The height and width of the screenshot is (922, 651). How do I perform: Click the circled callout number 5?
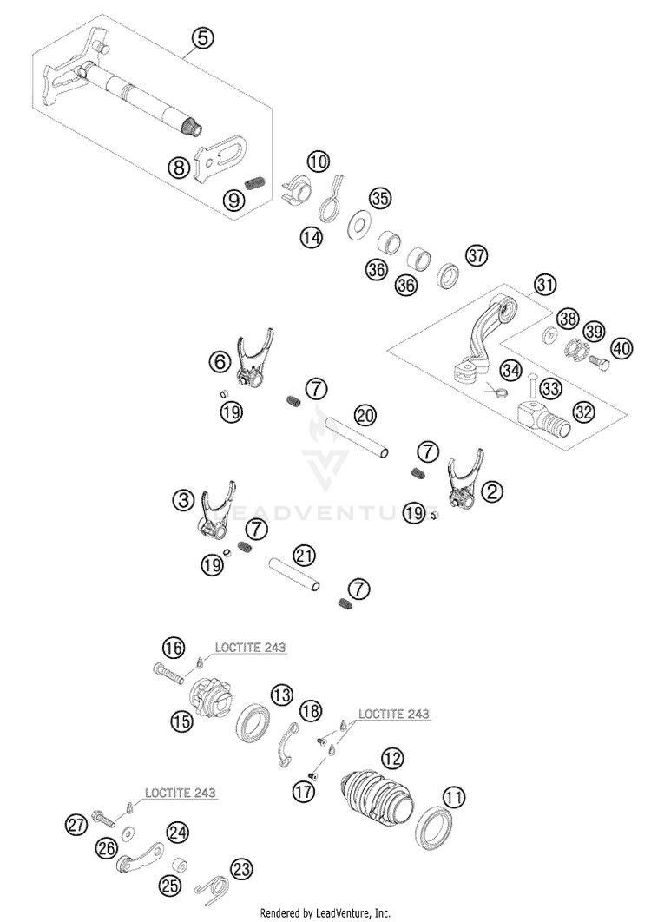pyautogui.click(x=201, y=39)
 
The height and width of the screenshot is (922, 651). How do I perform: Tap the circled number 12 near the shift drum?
pyautogui.click(x=392, y=758)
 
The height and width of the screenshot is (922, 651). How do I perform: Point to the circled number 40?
pyautogui.click(x=621, y=348)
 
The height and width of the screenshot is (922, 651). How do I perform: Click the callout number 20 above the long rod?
pyautogui.click(x=365, y=417)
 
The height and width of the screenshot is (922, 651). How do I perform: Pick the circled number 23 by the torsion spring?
pyautogui.click(x=240, y=870)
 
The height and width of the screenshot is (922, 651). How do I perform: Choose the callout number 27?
pyautogui.click(x=76, y=825)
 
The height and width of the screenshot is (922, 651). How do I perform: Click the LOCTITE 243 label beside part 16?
pyautogui.click(x=251, y=648)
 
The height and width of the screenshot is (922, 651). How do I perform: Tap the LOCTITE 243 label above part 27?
pyautogui.click(x=181, y=793)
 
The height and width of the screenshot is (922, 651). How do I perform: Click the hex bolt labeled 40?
pyautogui.click(x=598, y=360)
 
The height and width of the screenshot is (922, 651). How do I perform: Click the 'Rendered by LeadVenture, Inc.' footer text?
pyautogui.click(x=325, y=913)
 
